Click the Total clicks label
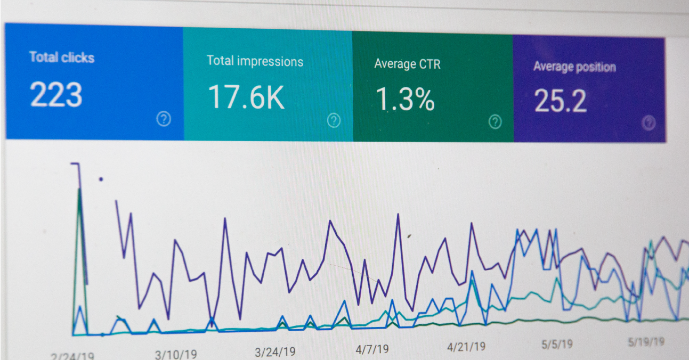tap(62, 58)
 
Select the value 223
tap(56, 95)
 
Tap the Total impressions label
tap(255, 61)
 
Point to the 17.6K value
tap(246, 97)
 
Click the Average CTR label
tap(407, 64)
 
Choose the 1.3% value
tap(405, 100)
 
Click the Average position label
tap(574, 67)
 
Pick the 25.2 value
tap(560, 101)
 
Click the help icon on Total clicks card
tap(164, 119)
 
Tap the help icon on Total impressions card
tap(334, 120)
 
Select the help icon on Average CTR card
tap(495, 122)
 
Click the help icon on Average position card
tap(648, 123)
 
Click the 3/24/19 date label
tap(275, 351)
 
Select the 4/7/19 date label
tap(372, 349)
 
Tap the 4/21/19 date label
tap(466, 347)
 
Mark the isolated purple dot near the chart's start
tap(101, 179)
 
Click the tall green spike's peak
tap(79, 189)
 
